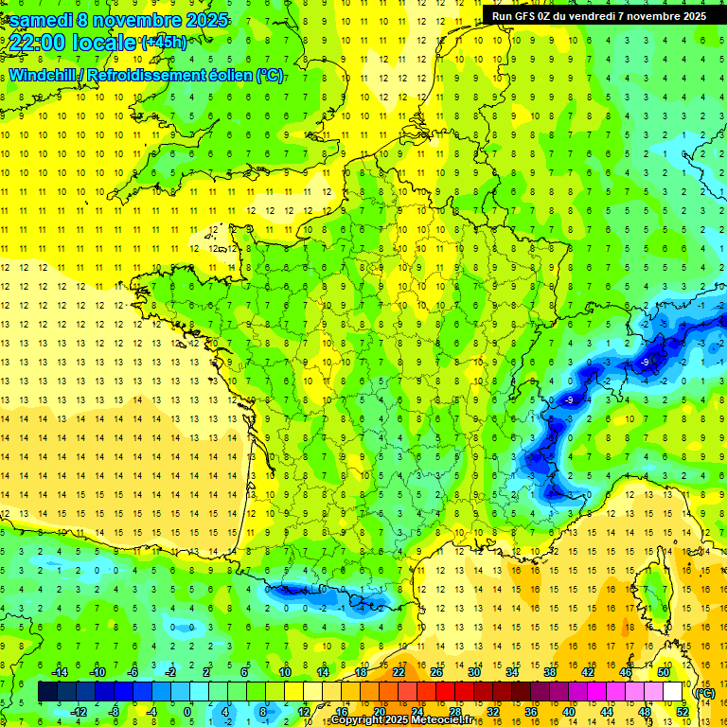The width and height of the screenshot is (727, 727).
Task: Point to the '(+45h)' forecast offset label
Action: click(x=164, y=42)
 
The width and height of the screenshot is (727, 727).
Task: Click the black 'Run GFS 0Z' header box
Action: click(x=599, y=15)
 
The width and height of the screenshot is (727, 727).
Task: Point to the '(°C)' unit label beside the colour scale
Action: click(x=704, y=692)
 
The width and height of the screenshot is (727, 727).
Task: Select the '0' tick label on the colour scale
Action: click(x=187, y=711)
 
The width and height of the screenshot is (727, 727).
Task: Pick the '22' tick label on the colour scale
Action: click(x=399, y=672)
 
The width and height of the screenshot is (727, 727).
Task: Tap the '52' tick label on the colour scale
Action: click(x=682, y=711)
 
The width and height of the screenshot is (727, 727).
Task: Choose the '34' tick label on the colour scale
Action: click(x=512, y=672)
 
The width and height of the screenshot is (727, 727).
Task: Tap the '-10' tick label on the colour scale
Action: click(x=96, y=672)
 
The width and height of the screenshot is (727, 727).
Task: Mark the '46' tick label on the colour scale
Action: click(x=625, y=672)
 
